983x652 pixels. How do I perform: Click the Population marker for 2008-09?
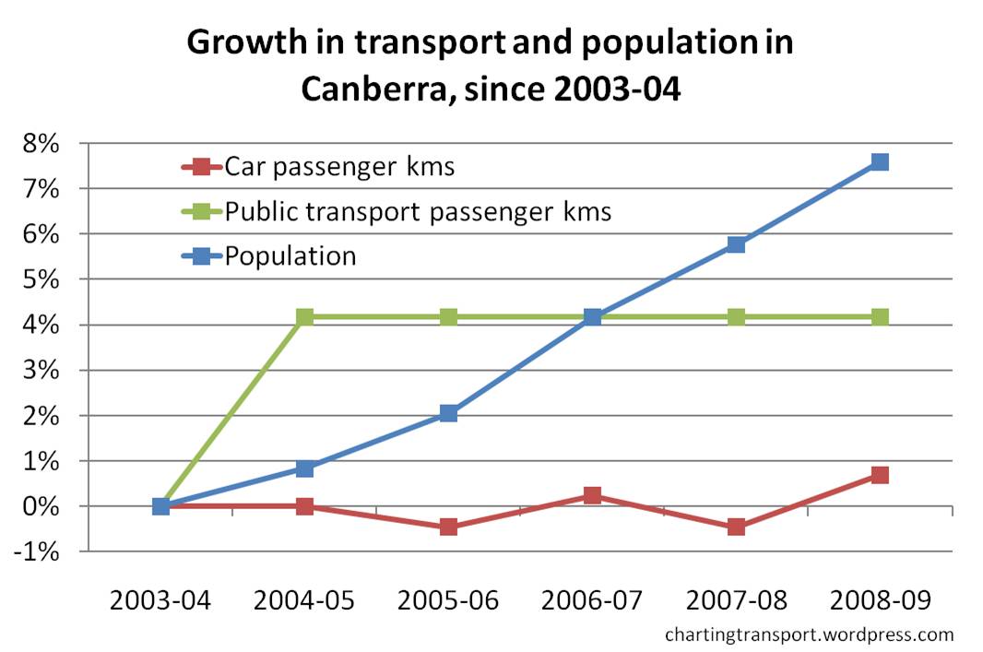click(880, 162)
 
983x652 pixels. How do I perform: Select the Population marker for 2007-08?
click(736, 244)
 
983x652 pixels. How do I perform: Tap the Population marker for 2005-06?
click(449, 413)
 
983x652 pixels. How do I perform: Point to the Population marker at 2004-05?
click(305, 468)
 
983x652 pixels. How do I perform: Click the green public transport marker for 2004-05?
click(305, 317)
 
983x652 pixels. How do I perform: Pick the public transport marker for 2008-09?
click(880, 317)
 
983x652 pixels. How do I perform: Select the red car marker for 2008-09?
click(880, 475)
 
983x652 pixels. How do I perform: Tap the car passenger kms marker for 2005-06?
click(449, 528)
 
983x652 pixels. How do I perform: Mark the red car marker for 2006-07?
click(592, 495)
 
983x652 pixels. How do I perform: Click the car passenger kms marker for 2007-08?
click(736, 528)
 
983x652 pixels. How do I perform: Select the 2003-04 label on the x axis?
click(161, 600)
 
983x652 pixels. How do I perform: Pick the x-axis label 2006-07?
click(592, 600)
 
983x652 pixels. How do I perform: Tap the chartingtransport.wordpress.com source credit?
click(809, 634)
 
